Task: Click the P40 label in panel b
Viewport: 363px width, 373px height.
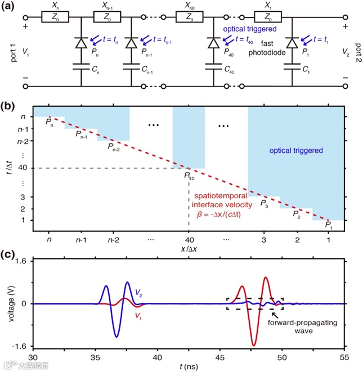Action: (x=189, y=176)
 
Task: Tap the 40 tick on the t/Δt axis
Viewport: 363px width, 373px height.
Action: (x=23, y=169)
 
